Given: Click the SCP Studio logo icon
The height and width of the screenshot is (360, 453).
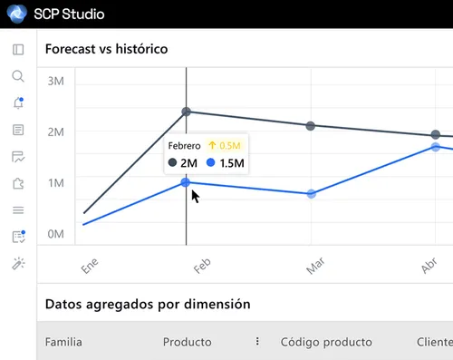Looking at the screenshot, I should coord(16,14).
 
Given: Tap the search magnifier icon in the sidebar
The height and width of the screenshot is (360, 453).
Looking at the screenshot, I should coord(17,76).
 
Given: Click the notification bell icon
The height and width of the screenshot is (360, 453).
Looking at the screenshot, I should coord(17,103).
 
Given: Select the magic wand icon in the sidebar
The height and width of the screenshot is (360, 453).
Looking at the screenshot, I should coord(17,263).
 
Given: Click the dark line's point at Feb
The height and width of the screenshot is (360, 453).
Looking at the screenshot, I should coord(187,112).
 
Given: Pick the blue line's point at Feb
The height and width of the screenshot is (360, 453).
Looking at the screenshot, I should coord(186,182).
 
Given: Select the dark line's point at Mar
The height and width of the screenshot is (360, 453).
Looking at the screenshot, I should coord(311,126).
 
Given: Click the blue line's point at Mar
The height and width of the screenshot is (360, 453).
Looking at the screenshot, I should coord(311,194).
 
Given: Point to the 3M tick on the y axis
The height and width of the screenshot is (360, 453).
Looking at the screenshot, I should coord(55,82).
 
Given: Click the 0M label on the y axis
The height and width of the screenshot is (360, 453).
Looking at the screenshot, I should coord(55,234).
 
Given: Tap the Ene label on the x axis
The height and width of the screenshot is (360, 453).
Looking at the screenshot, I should coord(89,266).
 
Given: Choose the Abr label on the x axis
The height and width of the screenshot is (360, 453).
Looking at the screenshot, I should coord(429,266).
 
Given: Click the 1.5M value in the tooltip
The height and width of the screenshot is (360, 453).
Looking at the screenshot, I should coord(232,163).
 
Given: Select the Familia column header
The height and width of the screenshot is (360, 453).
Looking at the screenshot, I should coord(63,342).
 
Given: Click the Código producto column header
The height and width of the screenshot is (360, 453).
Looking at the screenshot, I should coord(326,342).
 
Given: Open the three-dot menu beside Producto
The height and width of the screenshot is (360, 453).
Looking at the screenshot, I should coord(257,342).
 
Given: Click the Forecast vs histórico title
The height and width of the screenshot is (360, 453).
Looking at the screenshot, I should coord(107,49).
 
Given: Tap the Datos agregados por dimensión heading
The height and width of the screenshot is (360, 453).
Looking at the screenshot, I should coord(147,304).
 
